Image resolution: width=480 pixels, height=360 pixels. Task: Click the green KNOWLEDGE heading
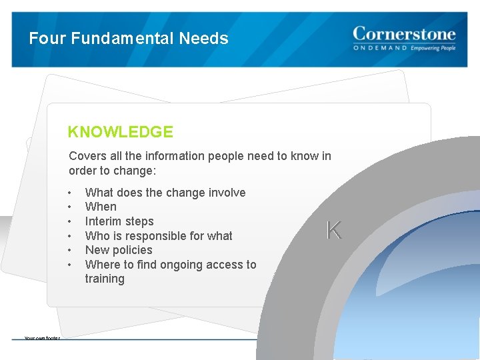120,132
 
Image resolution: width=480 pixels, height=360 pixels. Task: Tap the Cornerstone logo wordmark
404,34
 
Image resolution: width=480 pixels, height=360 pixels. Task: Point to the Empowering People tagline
433,48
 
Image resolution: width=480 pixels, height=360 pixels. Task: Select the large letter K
333,231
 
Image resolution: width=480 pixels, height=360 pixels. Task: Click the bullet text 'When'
101,207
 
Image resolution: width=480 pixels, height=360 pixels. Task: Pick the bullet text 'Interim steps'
119,221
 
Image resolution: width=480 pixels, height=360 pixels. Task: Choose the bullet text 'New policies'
119,250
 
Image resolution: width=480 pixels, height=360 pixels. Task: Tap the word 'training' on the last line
105,279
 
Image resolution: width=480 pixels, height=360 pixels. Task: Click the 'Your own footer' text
42,338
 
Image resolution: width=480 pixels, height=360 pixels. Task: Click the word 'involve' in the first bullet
225,193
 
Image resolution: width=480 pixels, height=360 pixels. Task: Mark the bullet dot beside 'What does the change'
70,193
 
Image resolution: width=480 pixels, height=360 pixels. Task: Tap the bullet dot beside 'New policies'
70,251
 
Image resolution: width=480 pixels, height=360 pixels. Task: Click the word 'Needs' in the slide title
203,39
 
